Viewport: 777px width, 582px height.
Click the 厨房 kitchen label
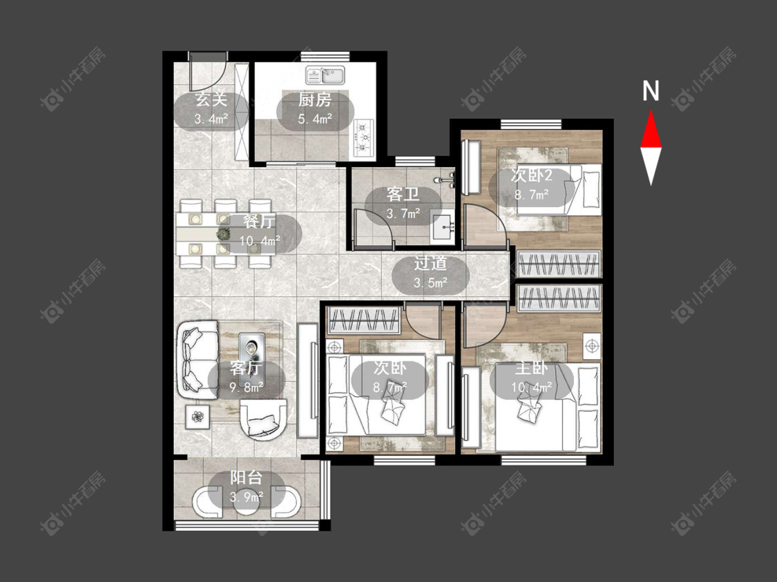[x=315, y=100]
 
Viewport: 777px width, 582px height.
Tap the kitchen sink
[x=325, y=75]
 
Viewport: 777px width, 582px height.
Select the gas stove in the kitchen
[x=363, y=138]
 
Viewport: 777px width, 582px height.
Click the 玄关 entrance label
[x=211, y=99]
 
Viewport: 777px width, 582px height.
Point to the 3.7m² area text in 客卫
[x=403, y=213]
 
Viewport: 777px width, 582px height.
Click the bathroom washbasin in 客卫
[x=443, y=229]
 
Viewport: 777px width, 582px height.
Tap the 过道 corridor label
[x=430, y=264]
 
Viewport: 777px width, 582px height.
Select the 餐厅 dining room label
[x=259, y=222]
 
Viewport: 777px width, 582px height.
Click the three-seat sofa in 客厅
[x=198, y=360]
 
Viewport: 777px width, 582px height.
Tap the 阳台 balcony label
[x=246, y=478]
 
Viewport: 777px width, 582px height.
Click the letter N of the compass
[x=651, y=90]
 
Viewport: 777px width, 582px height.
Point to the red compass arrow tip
[x=651, y=111]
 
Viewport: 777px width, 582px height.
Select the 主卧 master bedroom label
[x=530, y=368]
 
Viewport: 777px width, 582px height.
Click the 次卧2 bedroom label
[x=531, y=175]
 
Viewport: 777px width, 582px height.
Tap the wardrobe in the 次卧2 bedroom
[x=559, y=264]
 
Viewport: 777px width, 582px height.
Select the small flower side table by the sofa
[x=198, y=417]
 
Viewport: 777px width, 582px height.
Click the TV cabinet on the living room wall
[x=308, y=380]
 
